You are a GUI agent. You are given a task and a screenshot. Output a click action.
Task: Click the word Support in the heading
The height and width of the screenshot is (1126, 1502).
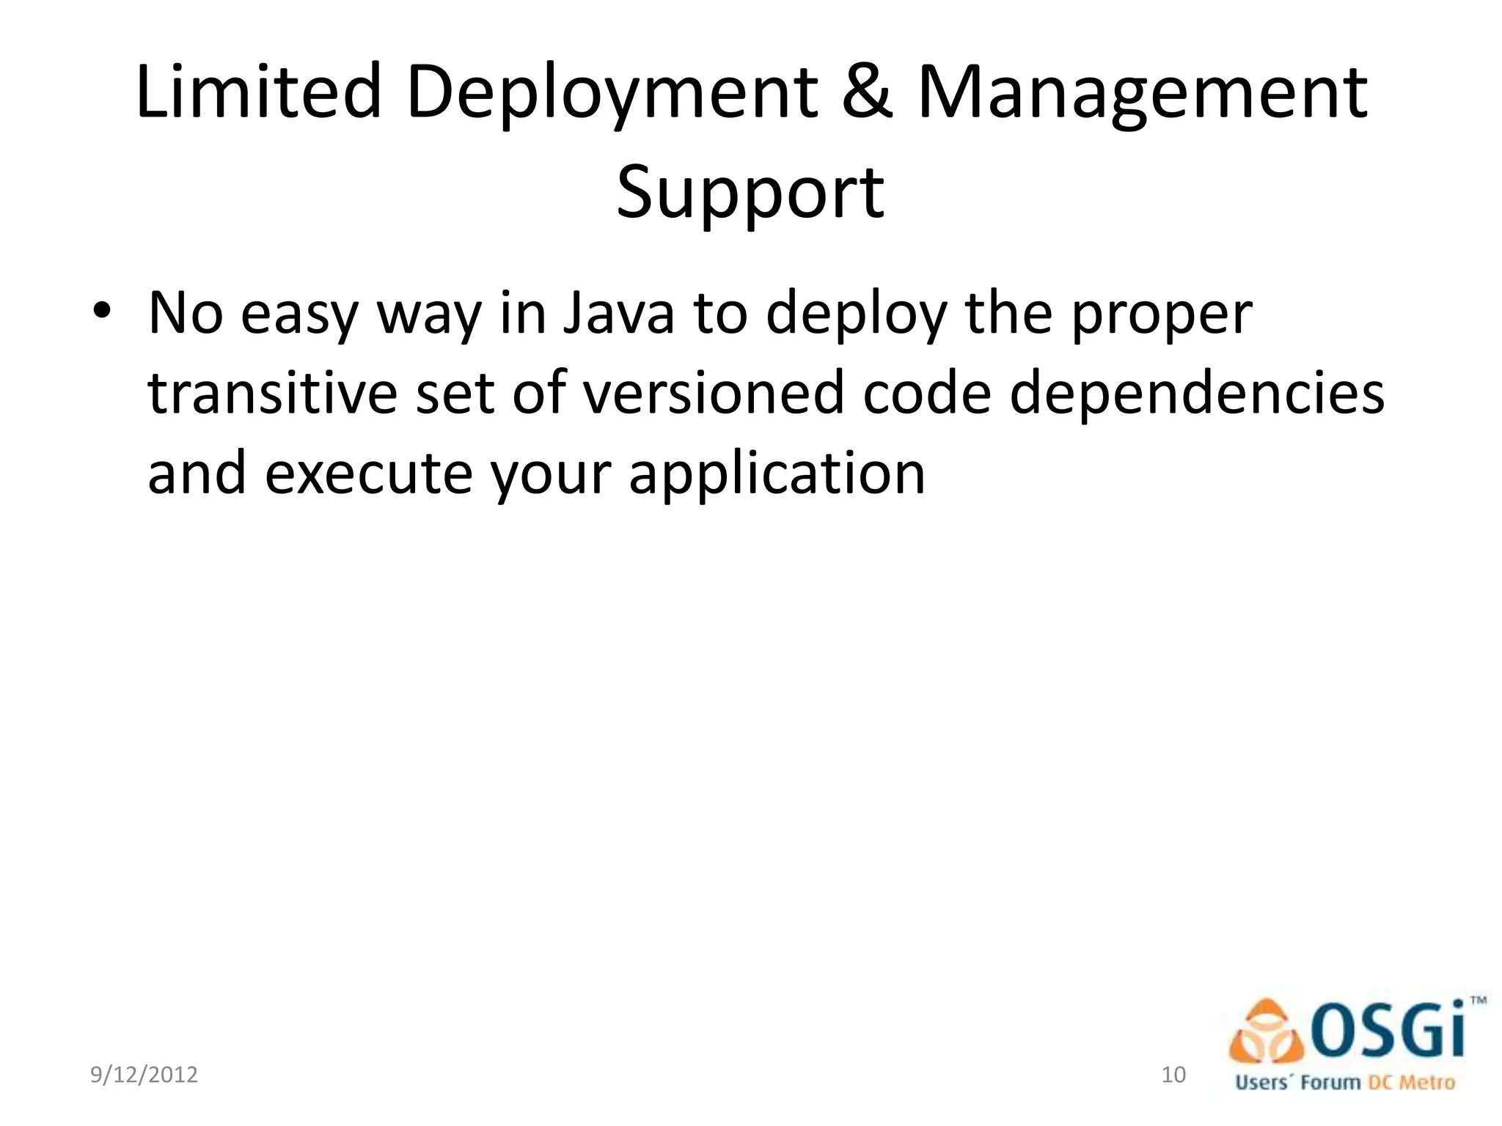point(750,192)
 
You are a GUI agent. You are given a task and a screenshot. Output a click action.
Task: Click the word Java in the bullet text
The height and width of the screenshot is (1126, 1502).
point(618,314)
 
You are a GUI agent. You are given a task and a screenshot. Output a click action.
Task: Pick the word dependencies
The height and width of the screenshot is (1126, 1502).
point(1197,394)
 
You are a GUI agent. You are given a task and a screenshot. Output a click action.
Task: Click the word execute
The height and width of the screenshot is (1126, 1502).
point(368,473)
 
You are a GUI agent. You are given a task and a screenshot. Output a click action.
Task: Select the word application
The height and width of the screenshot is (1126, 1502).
point(777,474)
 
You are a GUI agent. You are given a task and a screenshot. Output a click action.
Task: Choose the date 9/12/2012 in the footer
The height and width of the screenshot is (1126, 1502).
point(144,1075)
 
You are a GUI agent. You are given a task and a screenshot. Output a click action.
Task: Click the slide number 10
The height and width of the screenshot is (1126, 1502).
point(1173,1075)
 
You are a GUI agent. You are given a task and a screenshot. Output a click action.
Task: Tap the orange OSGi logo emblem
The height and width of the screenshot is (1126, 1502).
point(1267,1032)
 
